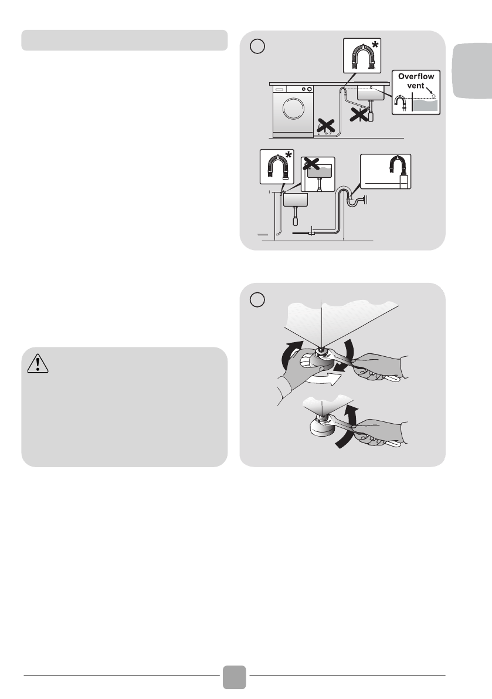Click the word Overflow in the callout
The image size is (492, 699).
(416, 77)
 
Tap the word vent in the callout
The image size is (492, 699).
(415, 86)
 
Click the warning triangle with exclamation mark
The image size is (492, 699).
(38, 363)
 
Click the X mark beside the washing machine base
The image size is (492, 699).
(325, 126)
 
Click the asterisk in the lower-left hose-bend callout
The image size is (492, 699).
(289, 156)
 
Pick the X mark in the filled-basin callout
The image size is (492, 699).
(311, 164)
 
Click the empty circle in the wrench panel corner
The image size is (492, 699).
(257, 299)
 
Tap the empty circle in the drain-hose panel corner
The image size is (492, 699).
(257, 46)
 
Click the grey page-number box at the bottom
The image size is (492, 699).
(235, 677)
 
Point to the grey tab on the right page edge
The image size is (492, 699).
(473, 70)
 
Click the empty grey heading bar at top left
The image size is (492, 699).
(124, 40)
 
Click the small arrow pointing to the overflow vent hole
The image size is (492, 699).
(429, 90)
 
